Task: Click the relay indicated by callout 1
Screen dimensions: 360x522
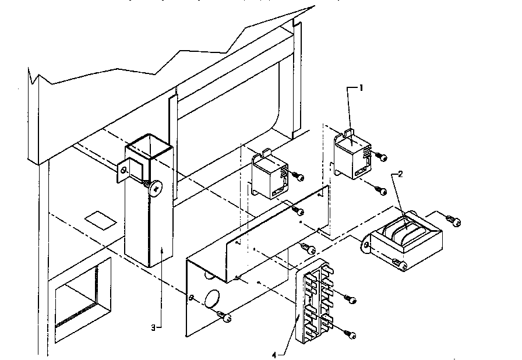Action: [x=351, y=156]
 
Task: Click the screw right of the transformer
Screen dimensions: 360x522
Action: [x=454, y=221]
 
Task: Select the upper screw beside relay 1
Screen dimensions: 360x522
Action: [x=382, y=156]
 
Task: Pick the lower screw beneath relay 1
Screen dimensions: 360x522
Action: [x=382, y=189]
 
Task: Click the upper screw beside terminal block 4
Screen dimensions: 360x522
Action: [x=351, y=299]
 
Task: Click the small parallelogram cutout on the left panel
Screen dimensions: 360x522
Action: [x=98, y=220]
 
